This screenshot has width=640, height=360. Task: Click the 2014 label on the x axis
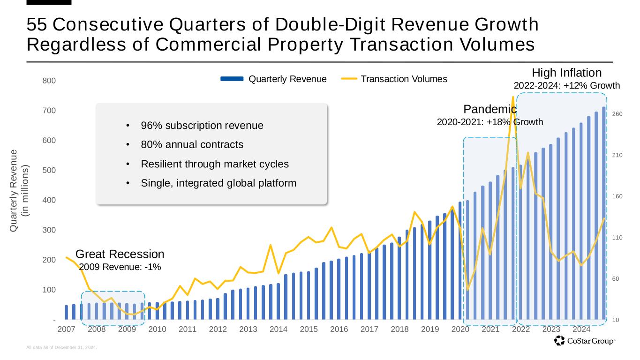[279, 329]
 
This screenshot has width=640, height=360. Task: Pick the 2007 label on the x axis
[66, 329]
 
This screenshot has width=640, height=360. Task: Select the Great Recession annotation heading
[120, 254]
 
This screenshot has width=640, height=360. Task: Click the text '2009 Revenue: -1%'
[120, 267]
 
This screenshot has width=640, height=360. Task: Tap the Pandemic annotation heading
[490, 109]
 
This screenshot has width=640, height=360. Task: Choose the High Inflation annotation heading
[566, 73]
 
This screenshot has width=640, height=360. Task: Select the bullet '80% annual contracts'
[192, 144]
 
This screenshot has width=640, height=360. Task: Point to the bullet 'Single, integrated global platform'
[218, 183]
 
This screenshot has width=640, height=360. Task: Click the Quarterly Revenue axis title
[19, 190]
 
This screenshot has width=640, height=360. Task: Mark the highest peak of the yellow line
[513, 97]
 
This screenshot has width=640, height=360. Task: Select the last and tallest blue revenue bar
[604, 213]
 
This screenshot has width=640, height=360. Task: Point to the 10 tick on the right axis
[617, 320]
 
